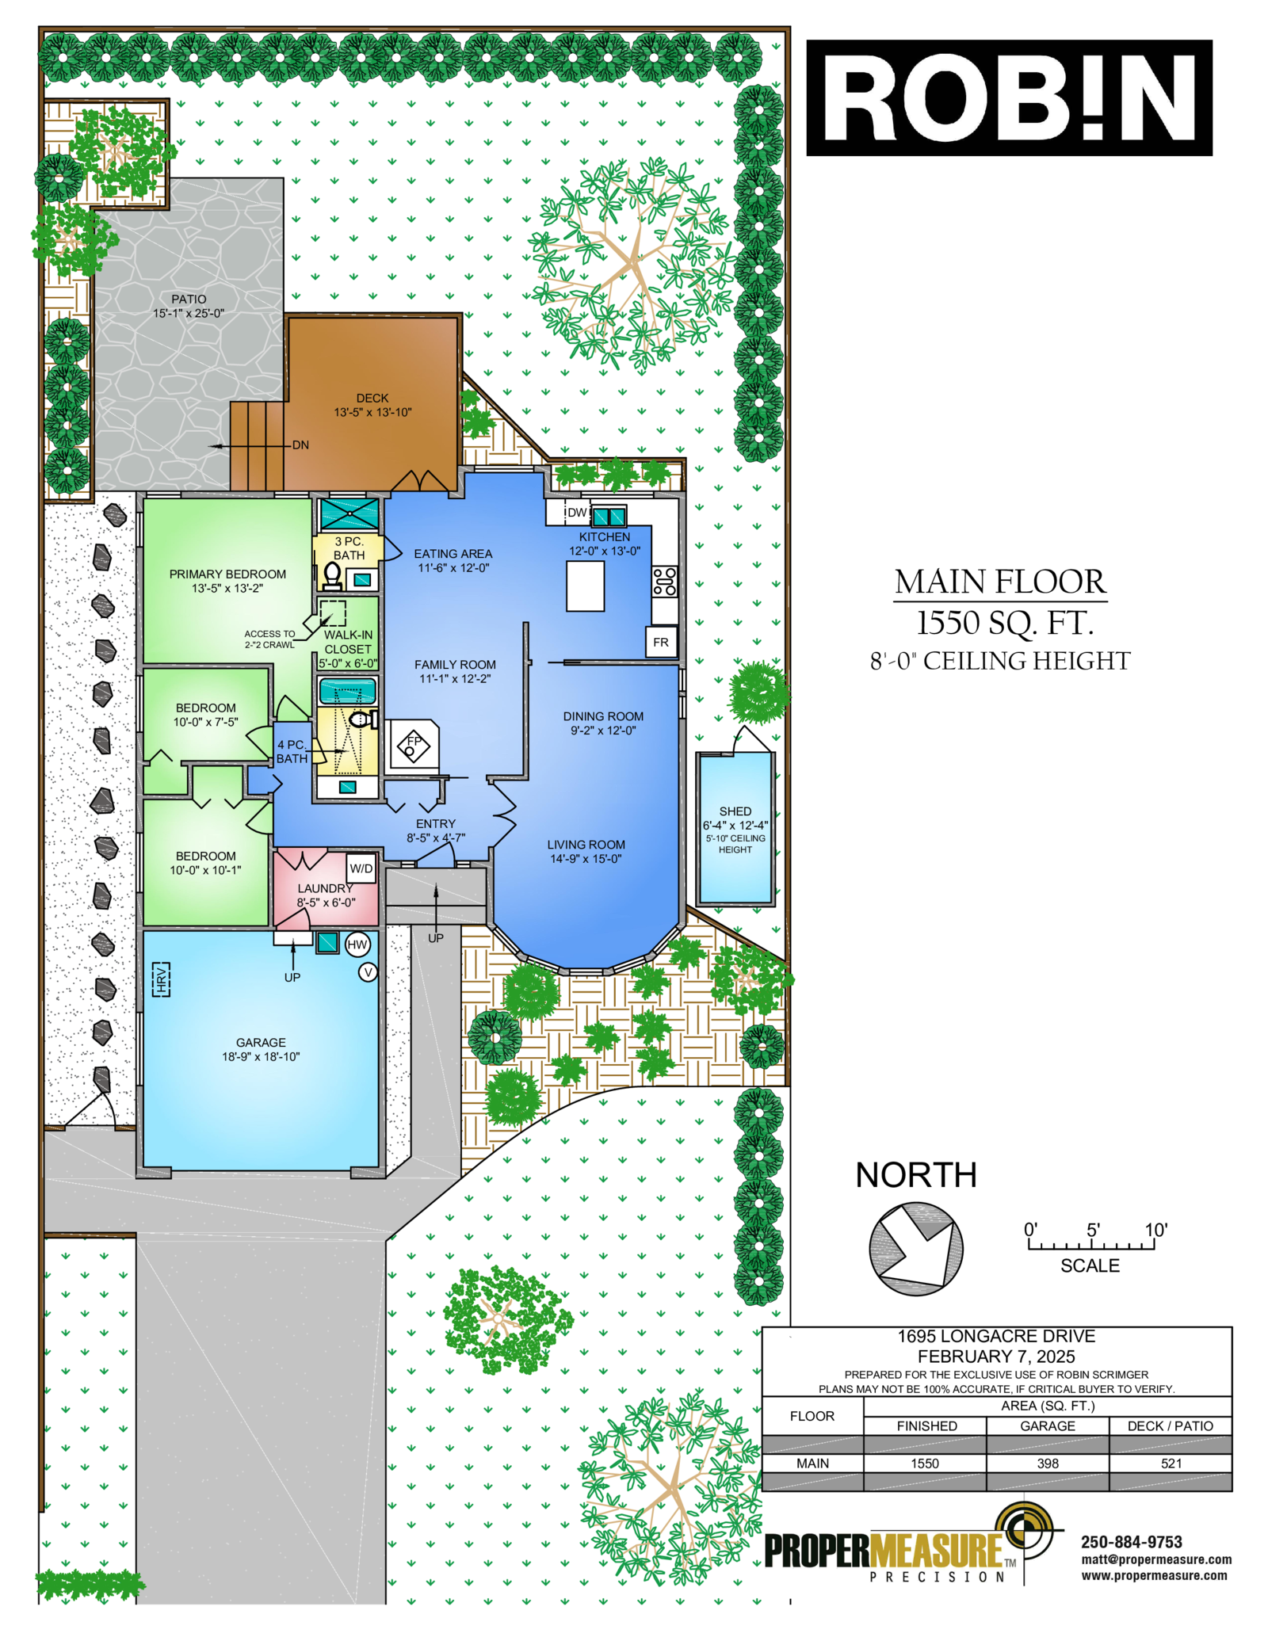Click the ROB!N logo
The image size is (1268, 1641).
click(1009, 97)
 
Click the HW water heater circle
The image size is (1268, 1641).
click(357, 945)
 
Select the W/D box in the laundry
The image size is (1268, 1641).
click(361, 868)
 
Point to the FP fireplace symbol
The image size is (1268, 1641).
click(413, 745)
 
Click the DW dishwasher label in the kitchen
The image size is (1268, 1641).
click(577, 513)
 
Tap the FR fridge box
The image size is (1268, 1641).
click(661, 643)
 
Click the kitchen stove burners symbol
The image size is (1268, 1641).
click(665, 582)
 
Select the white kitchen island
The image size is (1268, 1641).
click(586, 586)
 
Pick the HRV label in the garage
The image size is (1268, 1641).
click(161, 979)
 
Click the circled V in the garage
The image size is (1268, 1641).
click(368, 972)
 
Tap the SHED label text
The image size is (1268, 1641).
click(735, 811)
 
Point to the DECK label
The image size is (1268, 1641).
click(372, 398)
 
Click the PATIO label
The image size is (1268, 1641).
click(189, 299)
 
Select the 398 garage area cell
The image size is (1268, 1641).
click(1048, 1464)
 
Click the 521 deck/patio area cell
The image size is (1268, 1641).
click(1171, 1464)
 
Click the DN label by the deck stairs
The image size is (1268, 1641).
click(300, 445)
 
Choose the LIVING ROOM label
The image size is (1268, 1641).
click(586, 845)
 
